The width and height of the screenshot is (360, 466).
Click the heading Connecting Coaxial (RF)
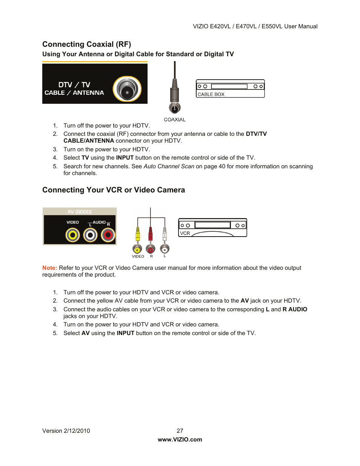pyautogui.click(x=86, y=44)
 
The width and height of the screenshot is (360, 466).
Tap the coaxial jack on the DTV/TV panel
pyautogui.click(x=127, y=89)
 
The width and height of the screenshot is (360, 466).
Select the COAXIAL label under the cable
pyautogui.click(x=174, y=120)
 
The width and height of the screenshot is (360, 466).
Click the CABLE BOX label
pyautogui.click(x=211, y=94)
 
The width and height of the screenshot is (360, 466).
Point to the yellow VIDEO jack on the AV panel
pyautogui.click(x=72, y=235)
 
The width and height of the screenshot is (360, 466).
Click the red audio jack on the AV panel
pyautogui.click(x=108, y=235)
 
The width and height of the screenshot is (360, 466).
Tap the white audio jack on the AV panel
pyautogui.click(x=90, y=235)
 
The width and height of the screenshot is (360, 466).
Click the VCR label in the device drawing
pyautogui.click(x=185, y=233)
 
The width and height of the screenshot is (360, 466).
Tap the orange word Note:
pyautogui.click(x=49, y=268)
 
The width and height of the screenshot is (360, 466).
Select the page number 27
pyautogui.click(x=180, y=431)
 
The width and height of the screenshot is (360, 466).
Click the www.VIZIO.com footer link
pyautogui.click(x=180, y=440)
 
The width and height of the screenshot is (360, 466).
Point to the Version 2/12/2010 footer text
pyautogui.click(x=66, y=431)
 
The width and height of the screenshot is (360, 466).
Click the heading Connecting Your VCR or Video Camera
pyautogui.click(x=114, y=190)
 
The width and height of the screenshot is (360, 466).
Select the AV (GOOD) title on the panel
pyautogui.click(x=79, y=212)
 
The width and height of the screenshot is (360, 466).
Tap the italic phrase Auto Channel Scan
pyautogui.click(x=169, y=166)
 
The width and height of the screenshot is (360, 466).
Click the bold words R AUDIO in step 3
pyautogui.click(x=295, y=309)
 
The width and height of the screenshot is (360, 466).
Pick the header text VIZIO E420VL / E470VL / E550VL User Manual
pyautogui.click(x=255, y=26)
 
